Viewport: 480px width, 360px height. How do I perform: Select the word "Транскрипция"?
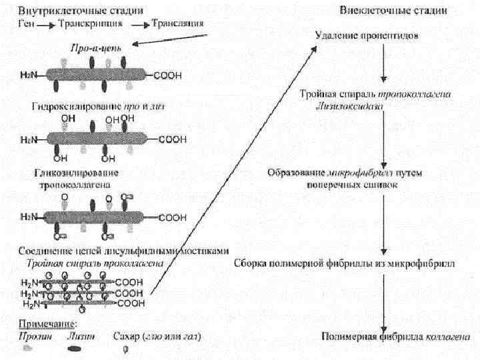(x=90, y=23)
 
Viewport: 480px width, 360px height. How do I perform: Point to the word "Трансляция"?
(x=177, y=23)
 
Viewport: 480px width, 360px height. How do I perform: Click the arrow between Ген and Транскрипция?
(x=45, y=24)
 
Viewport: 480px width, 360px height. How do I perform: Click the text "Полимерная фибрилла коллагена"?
(x=383, y=335)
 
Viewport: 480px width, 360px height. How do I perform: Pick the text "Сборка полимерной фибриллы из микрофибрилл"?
(x=345, y=262)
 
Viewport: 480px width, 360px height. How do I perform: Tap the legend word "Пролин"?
(x=29, y=336)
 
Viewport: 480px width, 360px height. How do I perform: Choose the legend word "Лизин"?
(x=80, y=336)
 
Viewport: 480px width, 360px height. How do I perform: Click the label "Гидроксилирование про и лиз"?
(x=97, y=106)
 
